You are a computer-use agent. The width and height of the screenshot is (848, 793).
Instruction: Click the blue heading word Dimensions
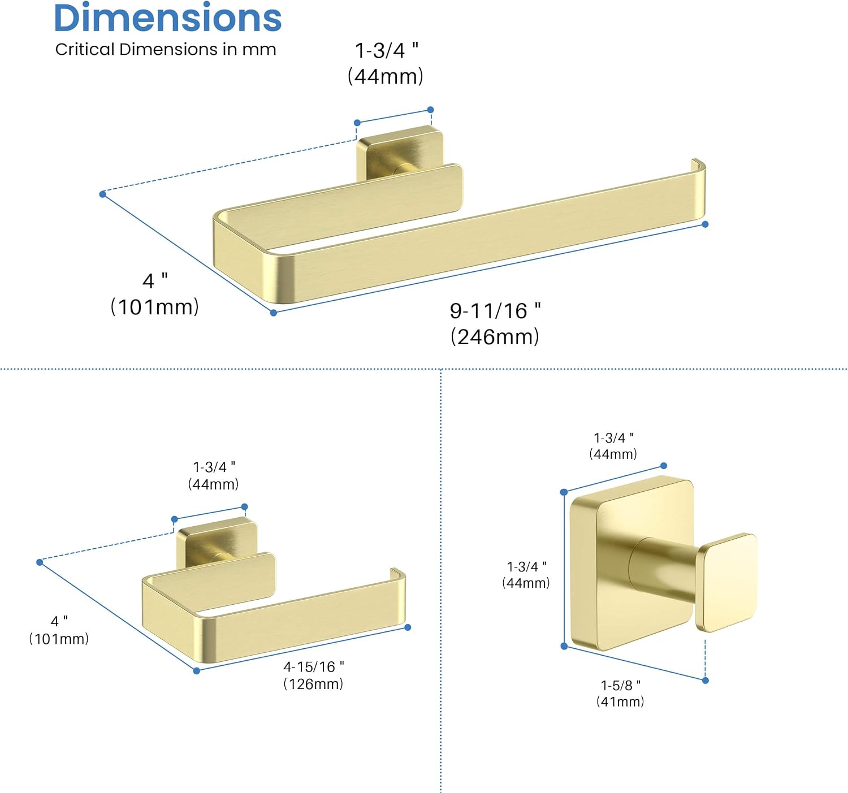pos(167,18)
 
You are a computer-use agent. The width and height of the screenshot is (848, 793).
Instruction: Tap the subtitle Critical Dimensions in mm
pos(166,50)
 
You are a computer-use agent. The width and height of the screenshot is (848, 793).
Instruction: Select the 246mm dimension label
pos(495,337)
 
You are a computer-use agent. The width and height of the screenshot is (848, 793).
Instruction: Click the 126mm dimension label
pos(313,684)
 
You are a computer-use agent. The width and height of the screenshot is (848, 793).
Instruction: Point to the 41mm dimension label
pos(620,701)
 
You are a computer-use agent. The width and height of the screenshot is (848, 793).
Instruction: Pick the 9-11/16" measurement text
pos(495,311)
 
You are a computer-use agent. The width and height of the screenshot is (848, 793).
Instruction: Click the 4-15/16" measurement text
pos(314,666)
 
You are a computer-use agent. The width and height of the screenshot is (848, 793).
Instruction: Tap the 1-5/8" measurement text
pos(620,686)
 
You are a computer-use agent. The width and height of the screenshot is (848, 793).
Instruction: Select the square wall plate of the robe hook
pos(631,564)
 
